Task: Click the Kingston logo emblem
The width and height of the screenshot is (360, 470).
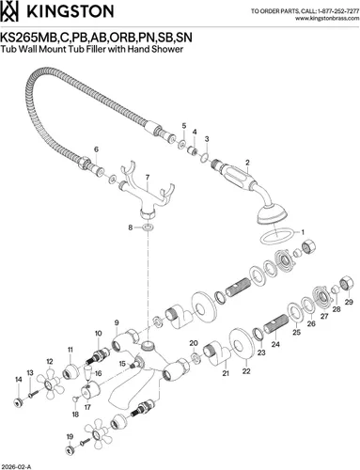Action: coord(9,11)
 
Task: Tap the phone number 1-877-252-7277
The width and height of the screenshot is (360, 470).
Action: coord(338,11)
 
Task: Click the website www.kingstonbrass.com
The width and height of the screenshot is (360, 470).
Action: coord(327,18)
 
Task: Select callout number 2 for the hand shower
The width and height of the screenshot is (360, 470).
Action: coord(247,163)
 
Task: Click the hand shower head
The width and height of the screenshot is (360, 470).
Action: coord(272,214)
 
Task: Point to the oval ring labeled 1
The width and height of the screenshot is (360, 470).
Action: coord(277,237)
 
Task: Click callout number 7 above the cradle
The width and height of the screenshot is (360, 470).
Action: coord(147,178)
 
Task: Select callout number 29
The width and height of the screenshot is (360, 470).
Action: coord(349,302)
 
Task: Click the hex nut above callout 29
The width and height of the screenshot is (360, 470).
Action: coord(347,282)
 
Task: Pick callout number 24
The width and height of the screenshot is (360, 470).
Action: coord(275,344)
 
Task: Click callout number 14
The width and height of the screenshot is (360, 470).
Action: coord(19,380)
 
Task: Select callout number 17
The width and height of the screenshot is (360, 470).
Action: coord(87,407)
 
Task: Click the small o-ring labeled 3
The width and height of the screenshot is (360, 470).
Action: coord(205,157)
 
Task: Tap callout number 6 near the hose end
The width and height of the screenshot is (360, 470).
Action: coord(96,149)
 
